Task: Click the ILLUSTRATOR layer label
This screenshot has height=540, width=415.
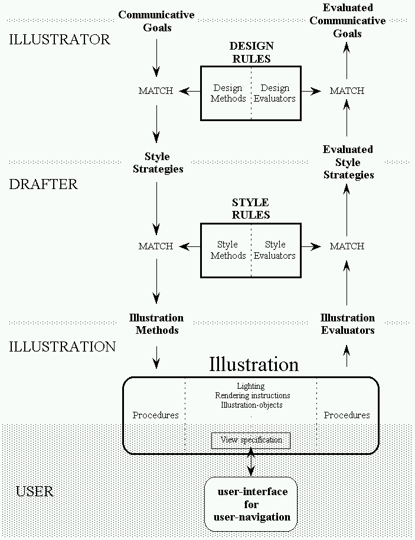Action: [x=60, y=40]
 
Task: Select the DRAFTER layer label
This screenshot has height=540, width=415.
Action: [x=44, y=184]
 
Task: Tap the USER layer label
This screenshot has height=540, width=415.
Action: [x=35, y=491]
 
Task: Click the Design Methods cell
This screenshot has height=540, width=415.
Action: [x=228, y=93]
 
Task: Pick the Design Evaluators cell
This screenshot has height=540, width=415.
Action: [x=275, y=93]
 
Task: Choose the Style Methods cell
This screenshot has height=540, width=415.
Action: [x=228, y=250]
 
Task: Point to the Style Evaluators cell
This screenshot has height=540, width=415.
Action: [x=275, y=250]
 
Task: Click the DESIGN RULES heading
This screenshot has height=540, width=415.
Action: [x=250, y=52]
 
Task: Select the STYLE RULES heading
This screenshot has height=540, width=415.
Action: [x=250, y=209]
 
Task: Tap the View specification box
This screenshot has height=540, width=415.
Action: [x=251, y=440]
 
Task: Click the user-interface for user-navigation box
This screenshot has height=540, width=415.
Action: [x=251, y=504]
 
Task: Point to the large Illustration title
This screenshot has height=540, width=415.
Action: [x=254, y=364]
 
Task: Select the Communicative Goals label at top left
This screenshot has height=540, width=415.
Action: [x=156, y=21]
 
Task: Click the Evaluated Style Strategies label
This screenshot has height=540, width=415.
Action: [x=348, y=162]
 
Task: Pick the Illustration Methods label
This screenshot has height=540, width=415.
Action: [x=156, y=324]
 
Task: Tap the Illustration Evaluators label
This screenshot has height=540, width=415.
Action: [x=348, y=324]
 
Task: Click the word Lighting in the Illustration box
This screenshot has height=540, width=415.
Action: [x=250, y=386]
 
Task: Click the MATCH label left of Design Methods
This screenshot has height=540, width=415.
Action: [x=156, y=91]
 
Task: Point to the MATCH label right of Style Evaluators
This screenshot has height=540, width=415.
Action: [x=347, y=246]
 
